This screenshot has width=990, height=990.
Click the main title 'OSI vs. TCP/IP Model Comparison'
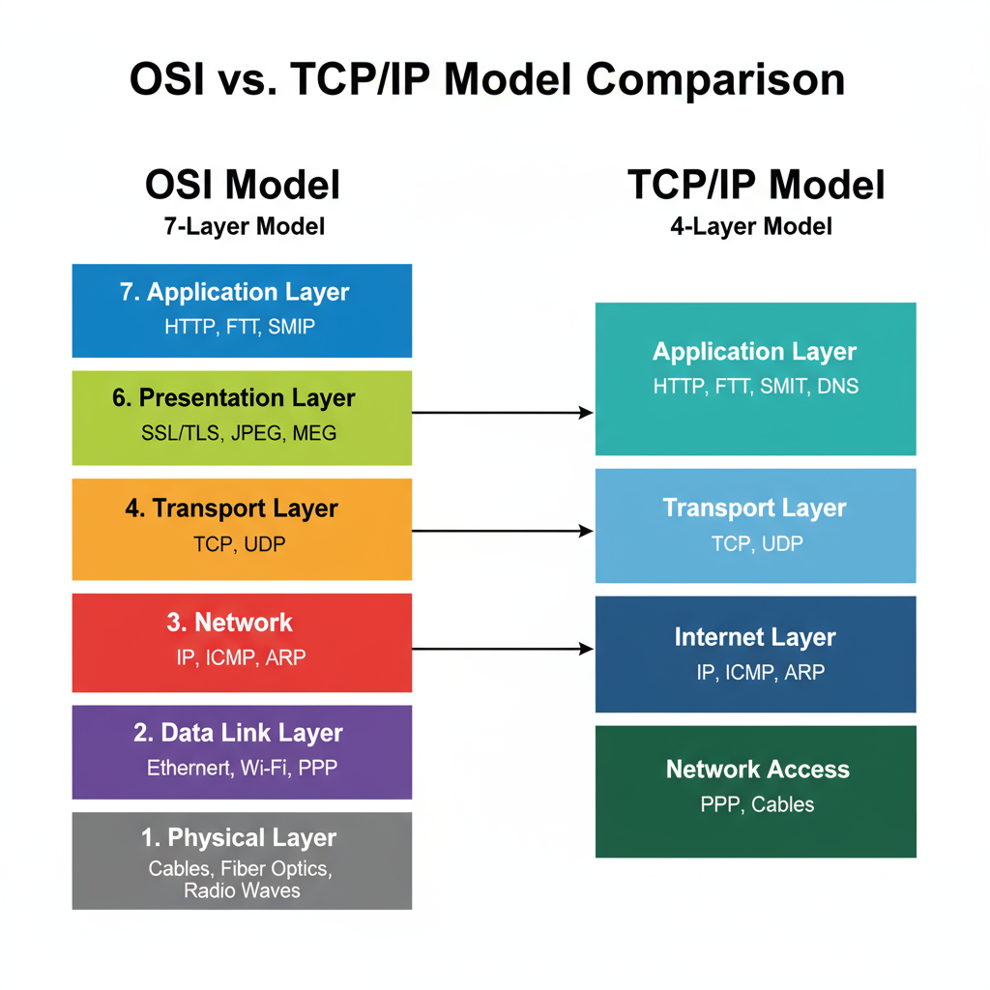click(486, 80)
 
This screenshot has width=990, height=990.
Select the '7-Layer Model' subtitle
click(243, 227)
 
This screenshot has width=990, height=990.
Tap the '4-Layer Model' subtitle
click(751, 227)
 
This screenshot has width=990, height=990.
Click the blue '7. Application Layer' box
click(242, 309)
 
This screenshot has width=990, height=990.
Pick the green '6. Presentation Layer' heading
click(234, 398)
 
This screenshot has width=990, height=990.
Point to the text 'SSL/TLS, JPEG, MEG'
click(239, 433)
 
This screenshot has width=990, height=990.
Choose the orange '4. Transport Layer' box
click(242, 528)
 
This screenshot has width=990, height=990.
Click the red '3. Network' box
click(242, 642)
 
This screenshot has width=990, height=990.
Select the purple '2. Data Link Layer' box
click(242, 751)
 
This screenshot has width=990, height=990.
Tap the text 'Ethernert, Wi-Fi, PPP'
click(242, 769)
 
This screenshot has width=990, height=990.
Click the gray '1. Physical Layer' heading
click(239, 837)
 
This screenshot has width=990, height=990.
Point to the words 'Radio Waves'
click(242, 890)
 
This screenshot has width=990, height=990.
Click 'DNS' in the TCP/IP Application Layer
click(836, 387)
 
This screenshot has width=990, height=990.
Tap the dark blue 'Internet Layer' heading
click(755, 637)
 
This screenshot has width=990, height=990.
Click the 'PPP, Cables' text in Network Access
click(757, 804)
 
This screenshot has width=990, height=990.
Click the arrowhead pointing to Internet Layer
click(587, 649)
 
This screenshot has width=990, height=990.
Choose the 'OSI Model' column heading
click(243, 185)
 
